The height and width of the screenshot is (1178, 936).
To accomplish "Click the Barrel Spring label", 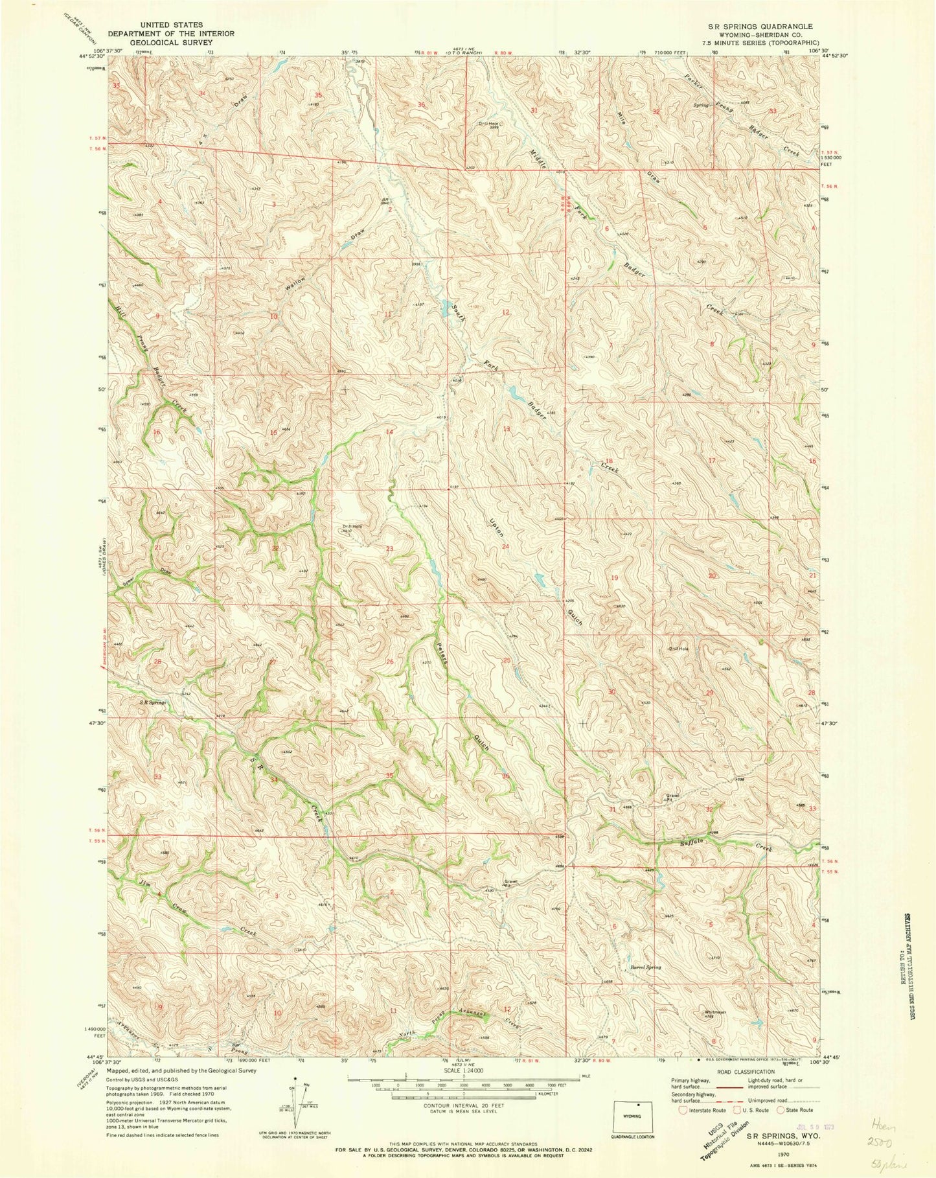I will point(645,968).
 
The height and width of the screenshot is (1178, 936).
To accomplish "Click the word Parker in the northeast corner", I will point(698,86).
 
